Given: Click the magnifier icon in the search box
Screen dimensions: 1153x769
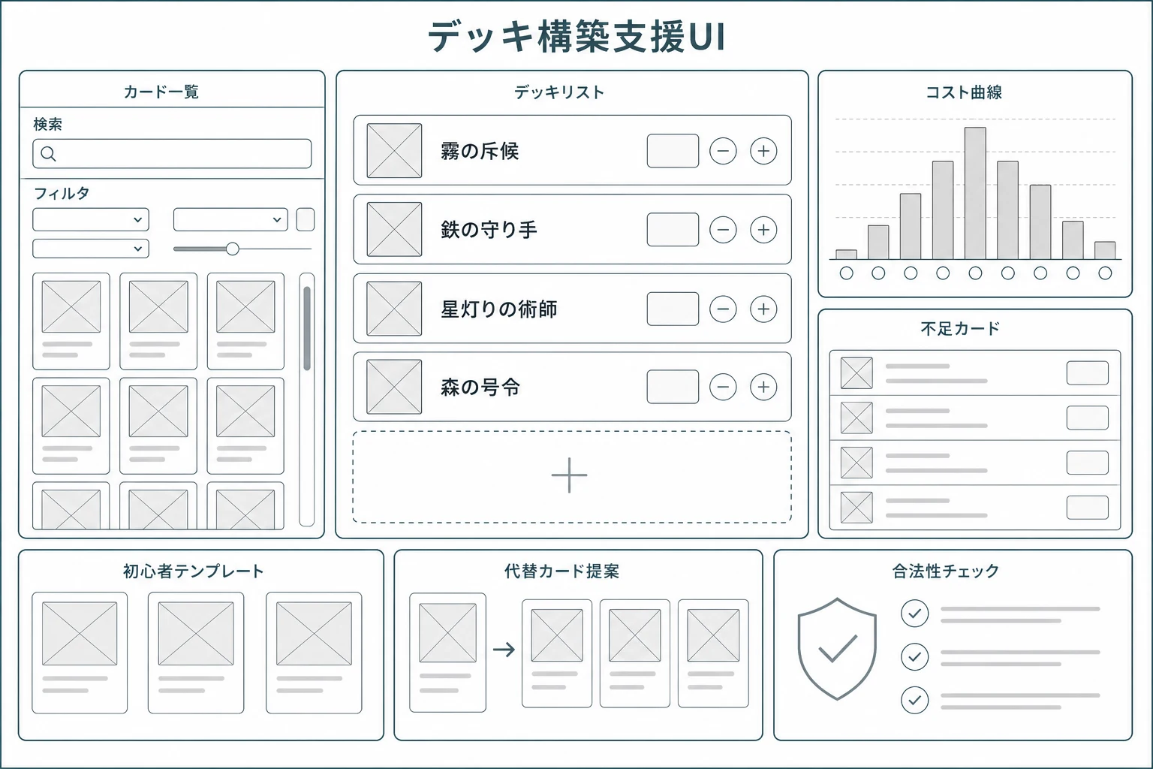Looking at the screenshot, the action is coord(48,153).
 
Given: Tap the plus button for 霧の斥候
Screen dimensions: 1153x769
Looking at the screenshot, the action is coord(763,151).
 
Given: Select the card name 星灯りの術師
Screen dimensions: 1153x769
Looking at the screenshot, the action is coord(498,309).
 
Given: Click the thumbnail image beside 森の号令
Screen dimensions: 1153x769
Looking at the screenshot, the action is coord(394,387).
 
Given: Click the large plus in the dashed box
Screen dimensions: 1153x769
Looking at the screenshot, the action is coord(569,475).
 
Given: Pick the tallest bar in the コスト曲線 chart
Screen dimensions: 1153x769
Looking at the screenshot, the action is coord(975,193).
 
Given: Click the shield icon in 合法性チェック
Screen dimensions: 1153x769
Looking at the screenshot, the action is coord(838,649).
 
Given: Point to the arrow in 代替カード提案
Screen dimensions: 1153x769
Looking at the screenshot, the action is coord(504,650).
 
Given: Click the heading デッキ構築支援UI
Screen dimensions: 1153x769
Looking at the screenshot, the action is coord(577,37).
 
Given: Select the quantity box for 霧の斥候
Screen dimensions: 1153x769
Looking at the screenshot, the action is coord(673,151).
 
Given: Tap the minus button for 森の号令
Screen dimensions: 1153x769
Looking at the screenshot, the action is coord(723,387).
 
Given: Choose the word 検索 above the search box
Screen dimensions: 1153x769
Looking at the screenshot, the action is coord(48,124).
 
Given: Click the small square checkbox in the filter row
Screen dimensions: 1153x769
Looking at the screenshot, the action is coord(306,219).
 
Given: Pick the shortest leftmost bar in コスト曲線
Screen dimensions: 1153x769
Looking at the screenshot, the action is coord(846,255).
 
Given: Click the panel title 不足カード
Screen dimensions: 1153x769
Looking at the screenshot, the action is coord(961,329).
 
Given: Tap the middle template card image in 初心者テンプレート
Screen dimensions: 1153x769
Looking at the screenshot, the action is coord(196,634).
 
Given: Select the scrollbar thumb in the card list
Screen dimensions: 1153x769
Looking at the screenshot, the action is coord(307,329).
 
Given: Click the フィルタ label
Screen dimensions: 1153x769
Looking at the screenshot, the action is coord(62,194).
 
